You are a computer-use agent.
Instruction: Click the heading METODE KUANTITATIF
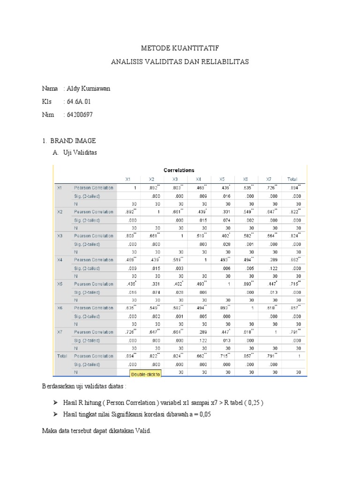point(180,48)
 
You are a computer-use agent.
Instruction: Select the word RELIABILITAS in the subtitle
point(224,61)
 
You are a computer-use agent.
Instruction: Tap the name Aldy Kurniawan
point(89,88)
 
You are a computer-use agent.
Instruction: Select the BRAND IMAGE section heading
point(75,140)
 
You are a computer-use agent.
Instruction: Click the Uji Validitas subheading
point(80,153)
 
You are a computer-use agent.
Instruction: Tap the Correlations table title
point(179,170)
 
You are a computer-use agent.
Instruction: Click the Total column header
point(292,179)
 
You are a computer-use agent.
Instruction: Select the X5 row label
point(60,284)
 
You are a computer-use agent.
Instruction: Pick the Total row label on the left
point(61,356)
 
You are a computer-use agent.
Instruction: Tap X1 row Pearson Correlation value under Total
point(295,187)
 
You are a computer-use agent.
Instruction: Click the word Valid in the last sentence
point(142,431)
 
